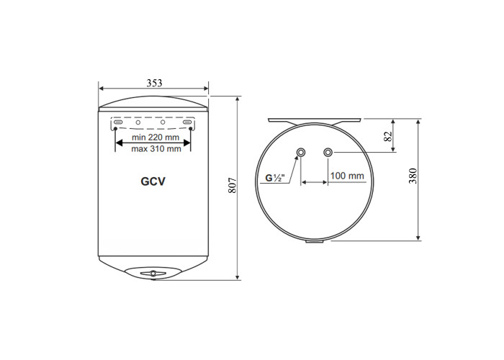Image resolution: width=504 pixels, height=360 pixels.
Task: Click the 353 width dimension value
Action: (x=154, y=84)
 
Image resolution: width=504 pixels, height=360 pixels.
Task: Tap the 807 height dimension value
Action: (x=233, y=185)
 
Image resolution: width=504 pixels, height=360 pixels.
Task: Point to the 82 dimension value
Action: (x=388, y=136)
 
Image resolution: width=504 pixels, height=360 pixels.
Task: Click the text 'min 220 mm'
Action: (x=156, y=138)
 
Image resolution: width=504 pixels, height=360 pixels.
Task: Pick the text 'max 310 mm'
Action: (x=156, y=149)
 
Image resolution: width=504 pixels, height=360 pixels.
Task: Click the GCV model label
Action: (x=153, y=181)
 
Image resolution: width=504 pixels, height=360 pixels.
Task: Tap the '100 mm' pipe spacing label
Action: (x=347, y=176)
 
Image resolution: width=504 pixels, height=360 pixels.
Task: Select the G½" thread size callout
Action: (x=275, y=178)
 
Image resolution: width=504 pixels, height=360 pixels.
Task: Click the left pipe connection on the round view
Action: (x=301, y=152)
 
